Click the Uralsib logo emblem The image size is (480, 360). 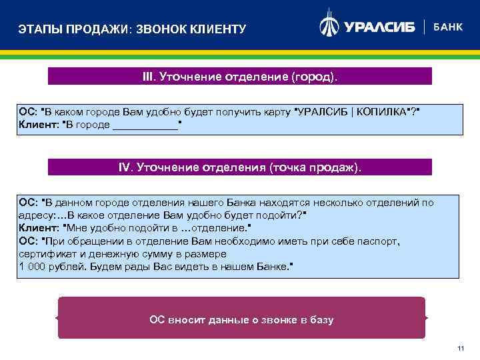tap(330, 25)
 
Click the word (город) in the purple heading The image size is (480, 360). tap(314, 77)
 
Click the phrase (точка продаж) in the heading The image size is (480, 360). tap(315, 167)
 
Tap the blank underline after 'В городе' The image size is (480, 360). tap(145, 124)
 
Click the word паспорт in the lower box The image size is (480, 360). tap(380, 241)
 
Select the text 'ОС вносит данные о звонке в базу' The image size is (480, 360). tap(241, 320)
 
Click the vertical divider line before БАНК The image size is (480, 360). tap(424, 27)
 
